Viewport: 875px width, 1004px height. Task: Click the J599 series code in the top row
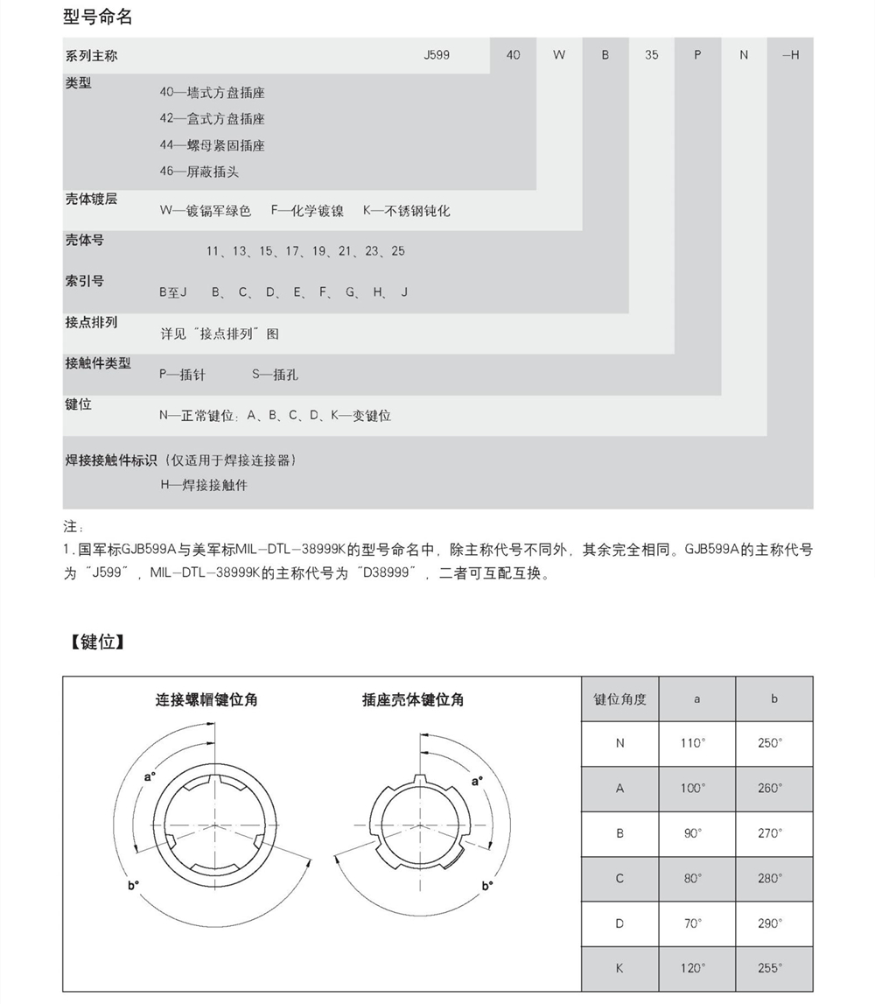[436, 55]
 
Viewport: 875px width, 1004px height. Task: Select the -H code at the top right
[789, 55]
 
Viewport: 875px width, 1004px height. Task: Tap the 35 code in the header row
[651, 55]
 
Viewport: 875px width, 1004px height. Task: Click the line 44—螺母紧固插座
[212, 145]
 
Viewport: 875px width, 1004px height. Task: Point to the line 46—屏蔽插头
[199, 172]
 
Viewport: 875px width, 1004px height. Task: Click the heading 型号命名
[98, 17]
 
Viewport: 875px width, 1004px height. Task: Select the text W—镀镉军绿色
[205, 211]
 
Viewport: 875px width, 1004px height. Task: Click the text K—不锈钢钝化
[406, 211]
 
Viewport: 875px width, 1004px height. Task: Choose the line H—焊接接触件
[203, 485]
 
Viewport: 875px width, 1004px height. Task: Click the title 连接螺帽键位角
[206, 699]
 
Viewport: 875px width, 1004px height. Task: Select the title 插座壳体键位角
[413, 699]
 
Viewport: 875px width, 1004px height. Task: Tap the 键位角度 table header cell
[619, 699]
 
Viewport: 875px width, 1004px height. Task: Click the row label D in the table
[619, 923]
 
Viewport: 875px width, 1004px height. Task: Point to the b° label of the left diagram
[133, 886]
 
